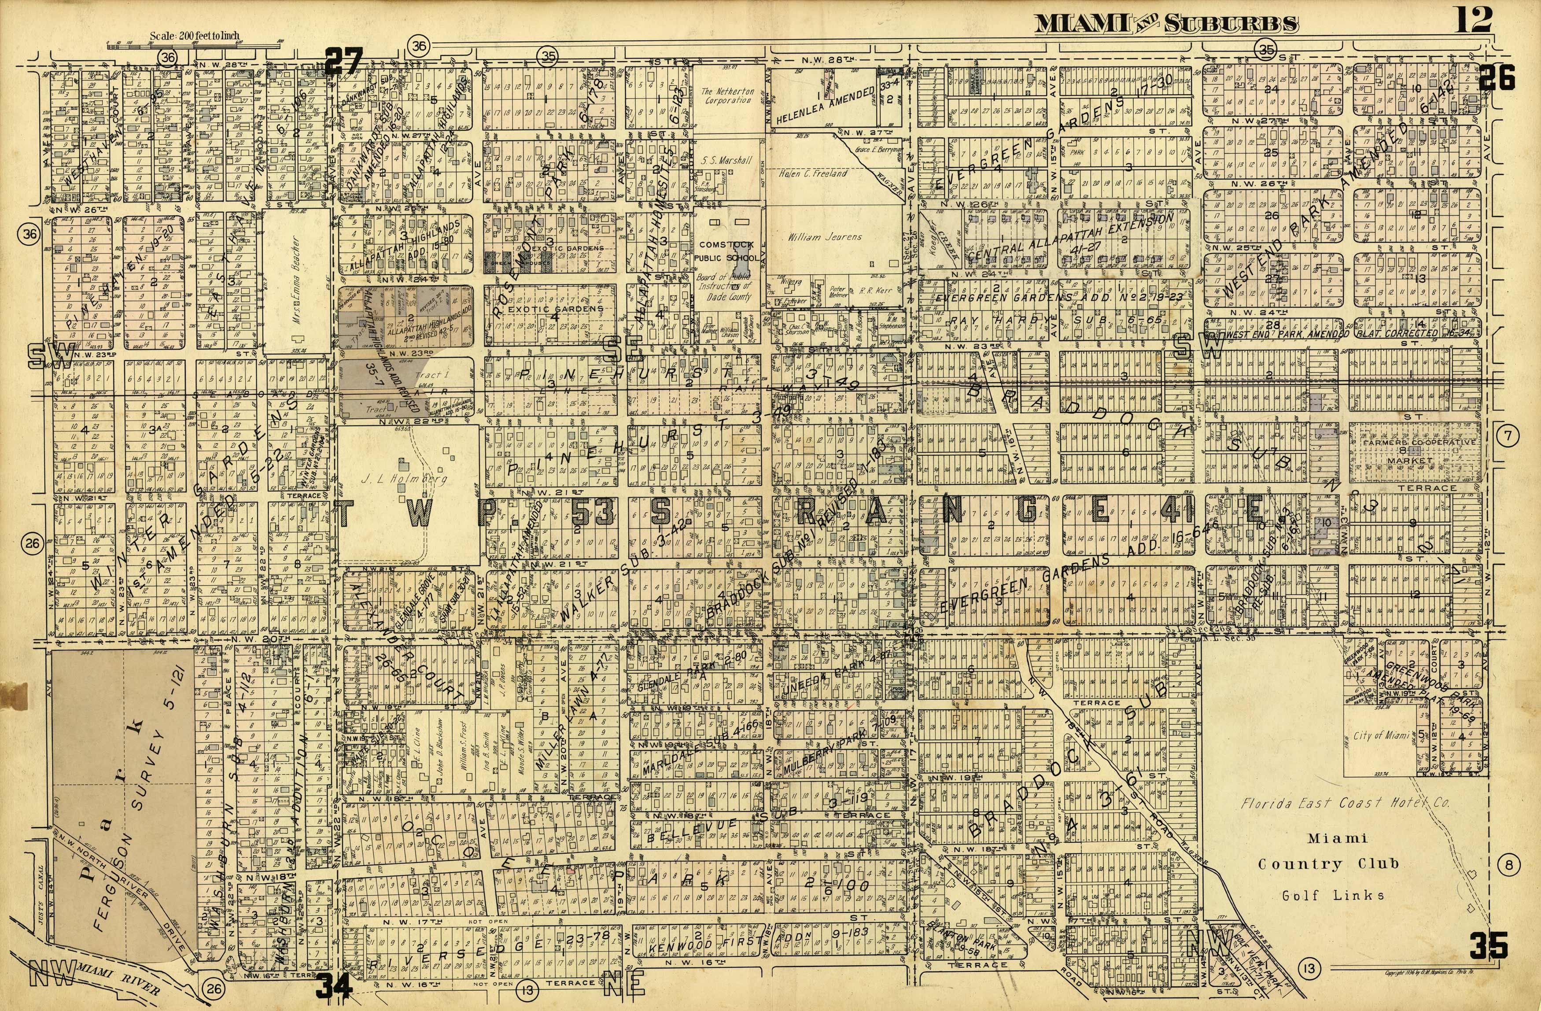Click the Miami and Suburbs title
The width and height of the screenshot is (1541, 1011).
1165,24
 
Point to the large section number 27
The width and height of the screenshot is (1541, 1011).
344,63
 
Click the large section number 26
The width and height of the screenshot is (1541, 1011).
1497,79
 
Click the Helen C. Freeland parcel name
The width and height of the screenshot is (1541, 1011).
813,173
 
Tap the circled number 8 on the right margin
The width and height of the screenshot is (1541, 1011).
1508,863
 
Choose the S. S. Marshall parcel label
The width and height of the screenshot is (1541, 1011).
726,160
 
